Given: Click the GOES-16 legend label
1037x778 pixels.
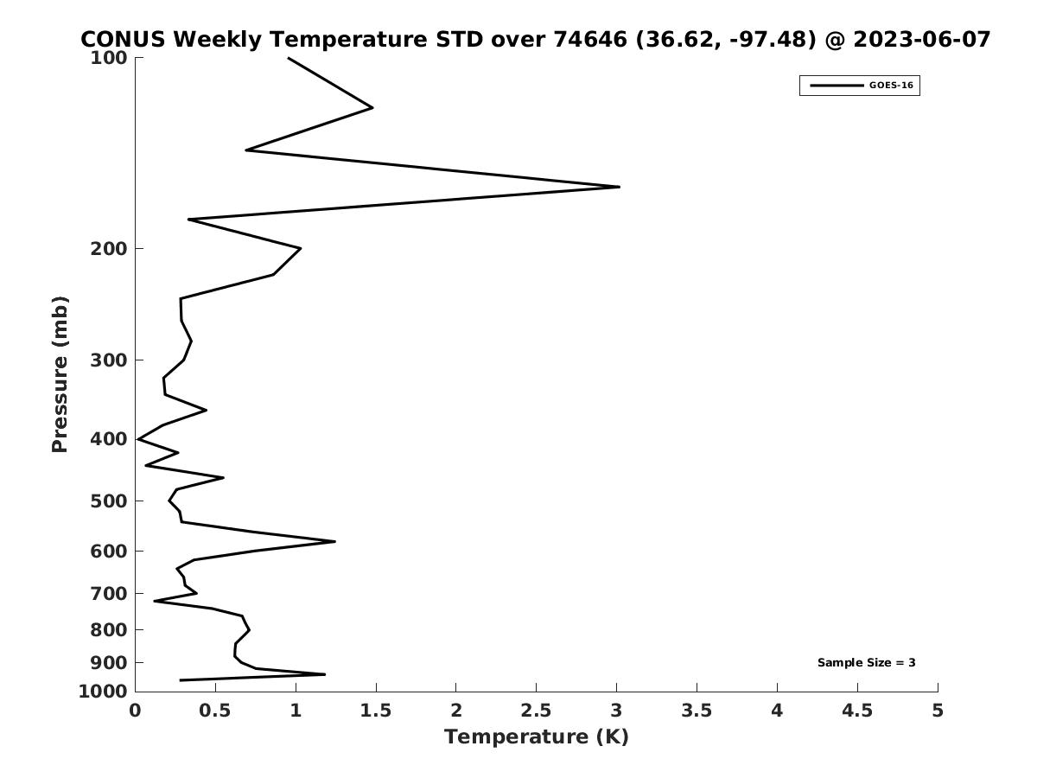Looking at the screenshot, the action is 891,86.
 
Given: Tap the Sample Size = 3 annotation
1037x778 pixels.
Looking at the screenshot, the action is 867,663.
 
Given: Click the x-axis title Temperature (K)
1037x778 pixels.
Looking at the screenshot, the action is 537,737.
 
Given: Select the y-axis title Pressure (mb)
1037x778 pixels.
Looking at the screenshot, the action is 60,374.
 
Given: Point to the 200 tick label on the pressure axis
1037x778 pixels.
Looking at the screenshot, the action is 109,248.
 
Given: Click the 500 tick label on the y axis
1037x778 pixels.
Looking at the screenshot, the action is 109,501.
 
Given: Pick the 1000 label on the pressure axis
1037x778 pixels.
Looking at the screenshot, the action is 103,692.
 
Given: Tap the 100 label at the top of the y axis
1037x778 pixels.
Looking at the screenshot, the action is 109,58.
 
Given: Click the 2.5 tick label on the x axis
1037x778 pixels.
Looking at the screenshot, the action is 537,711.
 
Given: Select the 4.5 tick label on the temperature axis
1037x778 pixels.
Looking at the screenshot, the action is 857,711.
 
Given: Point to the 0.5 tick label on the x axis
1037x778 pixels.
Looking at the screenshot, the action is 215,711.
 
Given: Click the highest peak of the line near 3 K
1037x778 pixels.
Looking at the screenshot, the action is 619,187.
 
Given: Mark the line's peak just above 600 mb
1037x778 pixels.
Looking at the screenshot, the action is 335,542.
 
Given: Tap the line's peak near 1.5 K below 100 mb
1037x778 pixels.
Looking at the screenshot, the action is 372,108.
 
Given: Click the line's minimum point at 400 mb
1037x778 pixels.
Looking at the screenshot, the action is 138,439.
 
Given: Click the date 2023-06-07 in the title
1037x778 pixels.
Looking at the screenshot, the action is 922,40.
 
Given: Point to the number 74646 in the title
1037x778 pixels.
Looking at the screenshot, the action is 590,40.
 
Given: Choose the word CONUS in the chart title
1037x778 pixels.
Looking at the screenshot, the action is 123,40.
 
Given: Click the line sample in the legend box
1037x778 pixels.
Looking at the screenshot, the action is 837,86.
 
